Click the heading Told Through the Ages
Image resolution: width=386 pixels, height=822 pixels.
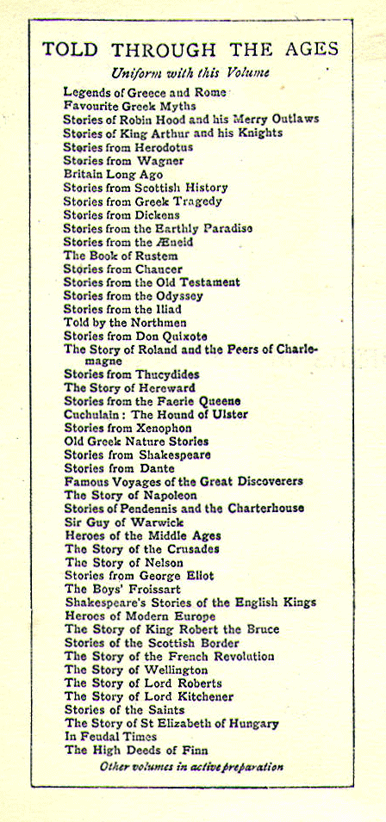tap(190, 49)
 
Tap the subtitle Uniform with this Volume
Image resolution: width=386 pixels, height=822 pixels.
tap(190, 72)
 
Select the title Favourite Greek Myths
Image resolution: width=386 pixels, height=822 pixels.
tap(129, 106)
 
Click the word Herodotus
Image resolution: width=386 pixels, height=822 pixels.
tap(162, 147)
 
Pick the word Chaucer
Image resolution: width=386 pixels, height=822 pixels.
tap(159, 269)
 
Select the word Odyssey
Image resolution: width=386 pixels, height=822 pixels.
tap(177, 295)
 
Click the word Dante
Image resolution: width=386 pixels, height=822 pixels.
tap(157, 468)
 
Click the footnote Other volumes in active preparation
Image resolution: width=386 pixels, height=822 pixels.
tap(191, 766)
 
